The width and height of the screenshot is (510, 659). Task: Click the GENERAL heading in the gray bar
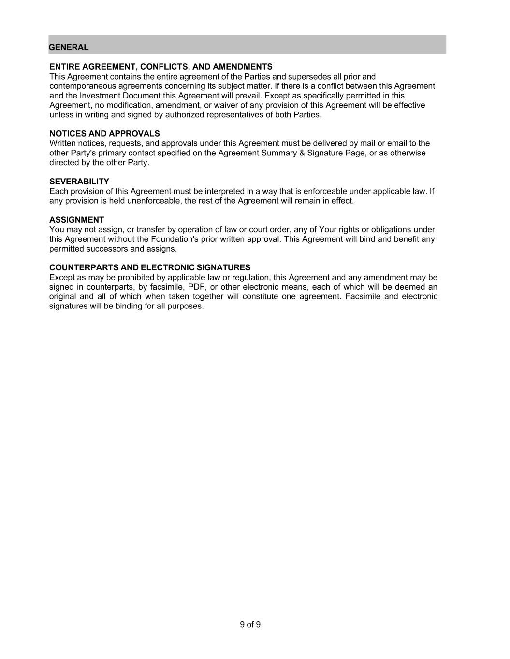coord(69,47)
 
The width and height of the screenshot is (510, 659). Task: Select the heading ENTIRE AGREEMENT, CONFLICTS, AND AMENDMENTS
coord(160,67)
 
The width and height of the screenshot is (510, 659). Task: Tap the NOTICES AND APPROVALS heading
coord(104,134)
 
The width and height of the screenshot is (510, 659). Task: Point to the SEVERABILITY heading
coord(79,182)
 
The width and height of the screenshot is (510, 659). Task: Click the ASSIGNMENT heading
coord(76,220)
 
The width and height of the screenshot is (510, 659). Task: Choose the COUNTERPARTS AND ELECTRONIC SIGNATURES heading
coord(150,267)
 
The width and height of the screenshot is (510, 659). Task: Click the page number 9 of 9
coord(250,624)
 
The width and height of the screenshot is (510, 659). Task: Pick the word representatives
coord(240,115)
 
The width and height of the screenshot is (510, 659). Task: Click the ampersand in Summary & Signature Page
coord(304,153)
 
